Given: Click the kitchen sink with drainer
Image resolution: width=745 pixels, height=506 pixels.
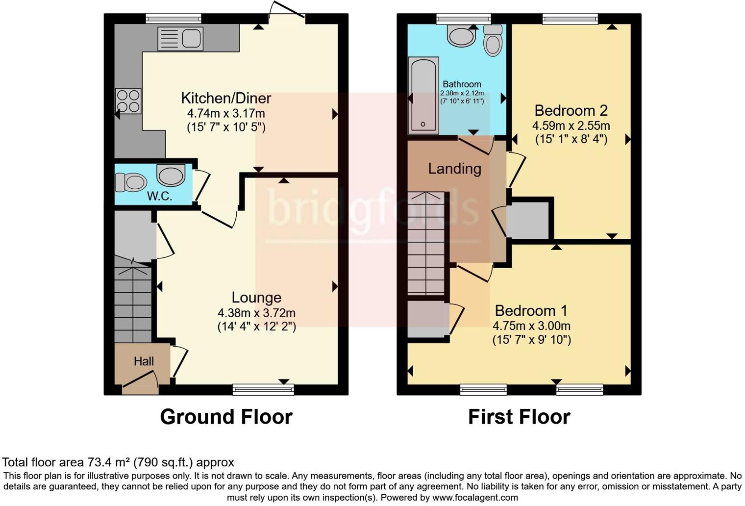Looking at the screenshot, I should point(180,38).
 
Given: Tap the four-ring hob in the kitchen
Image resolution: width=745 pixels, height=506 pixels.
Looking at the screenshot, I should point(128,101).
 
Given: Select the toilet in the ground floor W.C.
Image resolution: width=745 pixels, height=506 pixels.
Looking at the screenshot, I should point(131,182).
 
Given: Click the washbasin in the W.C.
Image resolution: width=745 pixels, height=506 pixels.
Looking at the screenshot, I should point(171,175).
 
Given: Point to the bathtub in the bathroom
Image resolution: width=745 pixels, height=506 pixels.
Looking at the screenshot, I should point(424,95).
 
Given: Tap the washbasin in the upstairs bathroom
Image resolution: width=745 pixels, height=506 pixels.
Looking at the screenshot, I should point(461,36).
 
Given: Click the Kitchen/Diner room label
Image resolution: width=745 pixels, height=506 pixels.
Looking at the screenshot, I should point(226,98).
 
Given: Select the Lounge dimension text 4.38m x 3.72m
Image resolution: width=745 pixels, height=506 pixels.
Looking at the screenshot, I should point(256,313).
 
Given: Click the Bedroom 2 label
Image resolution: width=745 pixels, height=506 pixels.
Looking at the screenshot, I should point(571,110).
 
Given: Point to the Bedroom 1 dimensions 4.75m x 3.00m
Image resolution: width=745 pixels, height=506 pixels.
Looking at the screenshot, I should point(531,326).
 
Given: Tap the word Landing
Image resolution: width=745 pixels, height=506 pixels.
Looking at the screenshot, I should point(454,169).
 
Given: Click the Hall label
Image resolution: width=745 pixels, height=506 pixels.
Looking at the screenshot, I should point(144,361).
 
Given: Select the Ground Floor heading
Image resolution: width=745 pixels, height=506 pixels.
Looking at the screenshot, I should point(226,417).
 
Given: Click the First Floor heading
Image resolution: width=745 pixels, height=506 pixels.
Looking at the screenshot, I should point(519,417).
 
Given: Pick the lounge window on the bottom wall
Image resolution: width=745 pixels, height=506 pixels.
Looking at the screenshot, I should point(263,390).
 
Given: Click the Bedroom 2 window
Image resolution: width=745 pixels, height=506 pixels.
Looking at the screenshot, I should point(570,19).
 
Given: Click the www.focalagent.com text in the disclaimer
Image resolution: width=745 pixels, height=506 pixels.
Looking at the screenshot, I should point(475,497).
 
